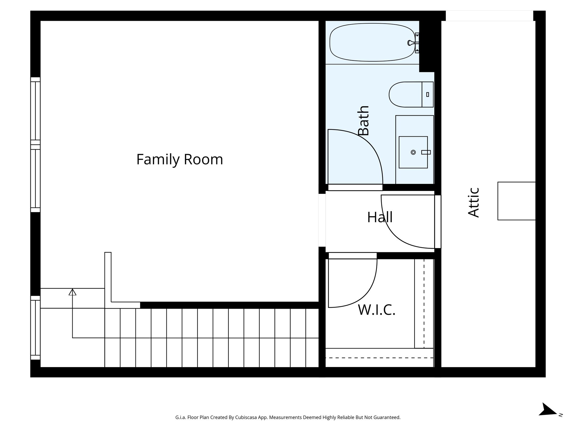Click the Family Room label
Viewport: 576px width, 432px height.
click(179, 159)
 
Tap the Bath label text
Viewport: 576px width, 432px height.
click(363, 121)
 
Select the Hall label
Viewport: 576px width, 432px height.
click(380, 217)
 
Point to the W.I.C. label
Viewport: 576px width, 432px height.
click(377, 310)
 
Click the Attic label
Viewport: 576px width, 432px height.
click(474, 202)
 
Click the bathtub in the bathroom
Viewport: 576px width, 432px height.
click(371, 42)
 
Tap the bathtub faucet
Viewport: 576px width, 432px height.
click(411, 43)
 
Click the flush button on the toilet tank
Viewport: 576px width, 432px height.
click(427, 94)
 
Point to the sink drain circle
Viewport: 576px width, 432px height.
click(413, 152)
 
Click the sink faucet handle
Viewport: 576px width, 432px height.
click(426, 152)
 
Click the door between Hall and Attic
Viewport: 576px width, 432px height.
click(437, 222)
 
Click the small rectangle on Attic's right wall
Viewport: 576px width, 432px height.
click(516, 201)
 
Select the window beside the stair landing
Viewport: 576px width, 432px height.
click(35, 328)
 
